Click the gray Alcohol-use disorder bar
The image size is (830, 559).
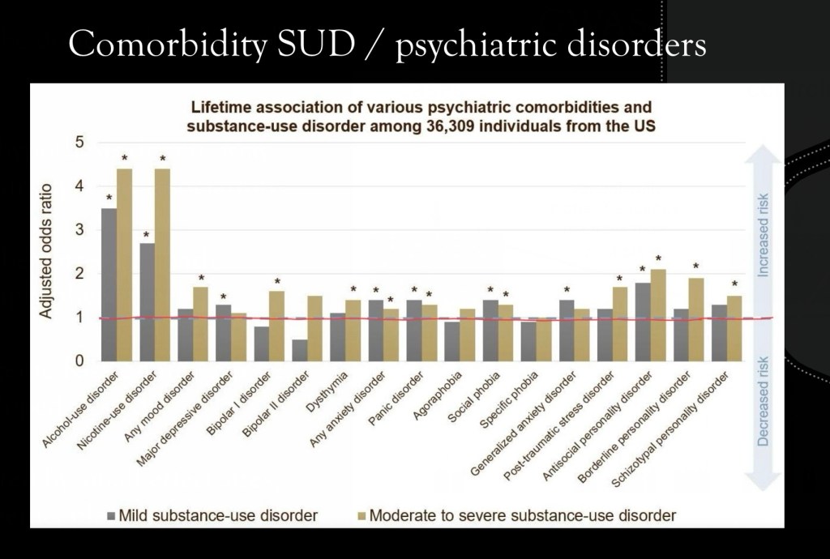(x=109, y=284)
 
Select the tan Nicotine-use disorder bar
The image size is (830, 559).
(x=163, y=265)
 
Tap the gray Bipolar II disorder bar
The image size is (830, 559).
(x=300, y=350)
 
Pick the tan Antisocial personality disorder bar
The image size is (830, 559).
(x=658, y=315)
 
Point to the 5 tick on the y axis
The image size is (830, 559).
(x=79, y=143)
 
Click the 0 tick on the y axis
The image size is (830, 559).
(x=79, y=361)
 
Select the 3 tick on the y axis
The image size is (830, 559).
(x=79, y=230)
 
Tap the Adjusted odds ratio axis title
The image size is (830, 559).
(x=47, y=252)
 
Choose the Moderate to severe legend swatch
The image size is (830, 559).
(x=362, y=514)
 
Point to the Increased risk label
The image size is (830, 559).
(x=763, y=236)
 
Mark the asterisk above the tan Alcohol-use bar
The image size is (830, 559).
(x=125, y=158)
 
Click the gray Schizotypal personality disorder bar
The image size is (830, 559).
(x=718, y=333)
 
